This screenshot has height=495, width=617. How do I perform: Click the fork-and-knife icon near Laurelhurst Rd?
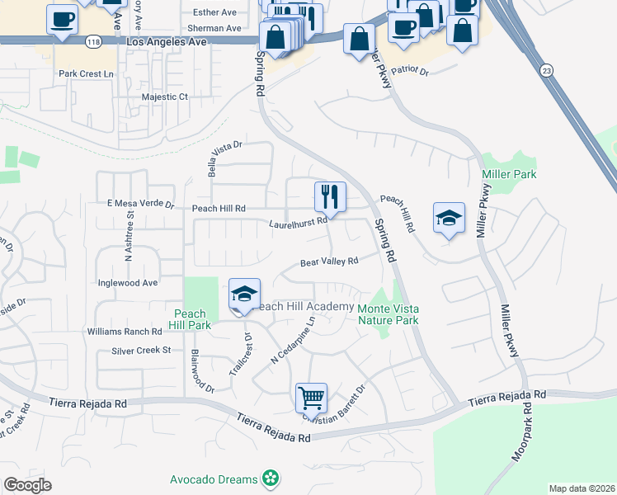tap(329, 196)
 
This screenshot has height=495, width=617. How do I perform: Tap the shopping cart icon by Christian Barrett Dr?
tap(312, 398)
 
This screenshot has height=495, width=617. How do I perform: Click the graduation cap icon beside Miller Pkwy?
tap(449, 218)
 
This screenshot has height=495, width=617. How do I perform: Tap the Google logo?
tap(27, 485)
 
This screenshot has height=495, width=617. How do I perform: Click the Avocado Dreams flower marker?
tap(270, 478)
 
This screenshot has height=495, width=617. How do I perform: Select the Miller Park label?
tap(509, 174)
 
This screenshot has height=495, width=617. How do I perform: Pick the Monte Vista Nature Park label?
tap(388, 313)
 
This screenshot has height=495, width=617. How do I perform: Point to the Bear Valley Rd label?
tap(329, 262)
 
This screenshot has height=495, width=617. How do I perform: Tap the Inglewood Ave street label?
tap(127, 282)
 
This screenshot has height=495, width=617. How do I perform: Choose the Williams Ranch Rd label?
tap(125, 332)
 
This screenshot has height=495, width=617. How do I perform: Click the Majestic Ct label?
tap(165, 97)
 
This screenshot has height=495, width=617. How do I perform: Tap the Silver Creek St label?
tap(141, 351)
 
